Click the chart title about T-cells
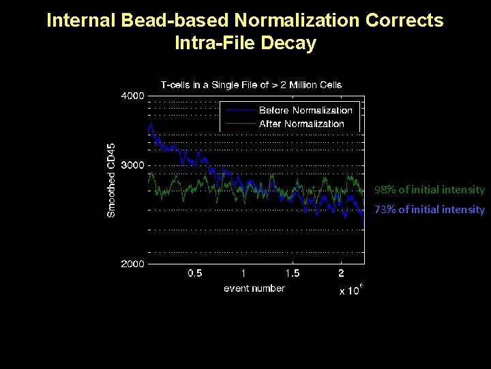click(251, 85)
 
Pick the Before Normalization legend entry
click(306, 110)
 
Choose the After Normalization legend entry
click(301, 124)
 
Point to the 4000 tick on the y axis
click(132, 96)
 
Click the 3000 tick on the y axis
click(132, 165)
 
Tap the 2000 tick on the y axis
click(132, 264)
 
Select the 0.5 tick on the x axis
click(195, 273)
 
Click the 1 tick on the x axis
click(243, 273)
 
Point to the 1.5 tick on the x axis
click(292, 273)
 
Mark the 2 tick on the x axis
click(341, 273)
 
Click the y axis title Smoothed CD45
click(112, 180)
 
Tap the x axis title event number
click(254, 288)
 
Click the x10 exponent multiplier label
click(351, 290)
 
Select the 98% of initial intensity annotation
click(429, 190)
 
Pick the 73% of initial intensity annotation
click(429, 210)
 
